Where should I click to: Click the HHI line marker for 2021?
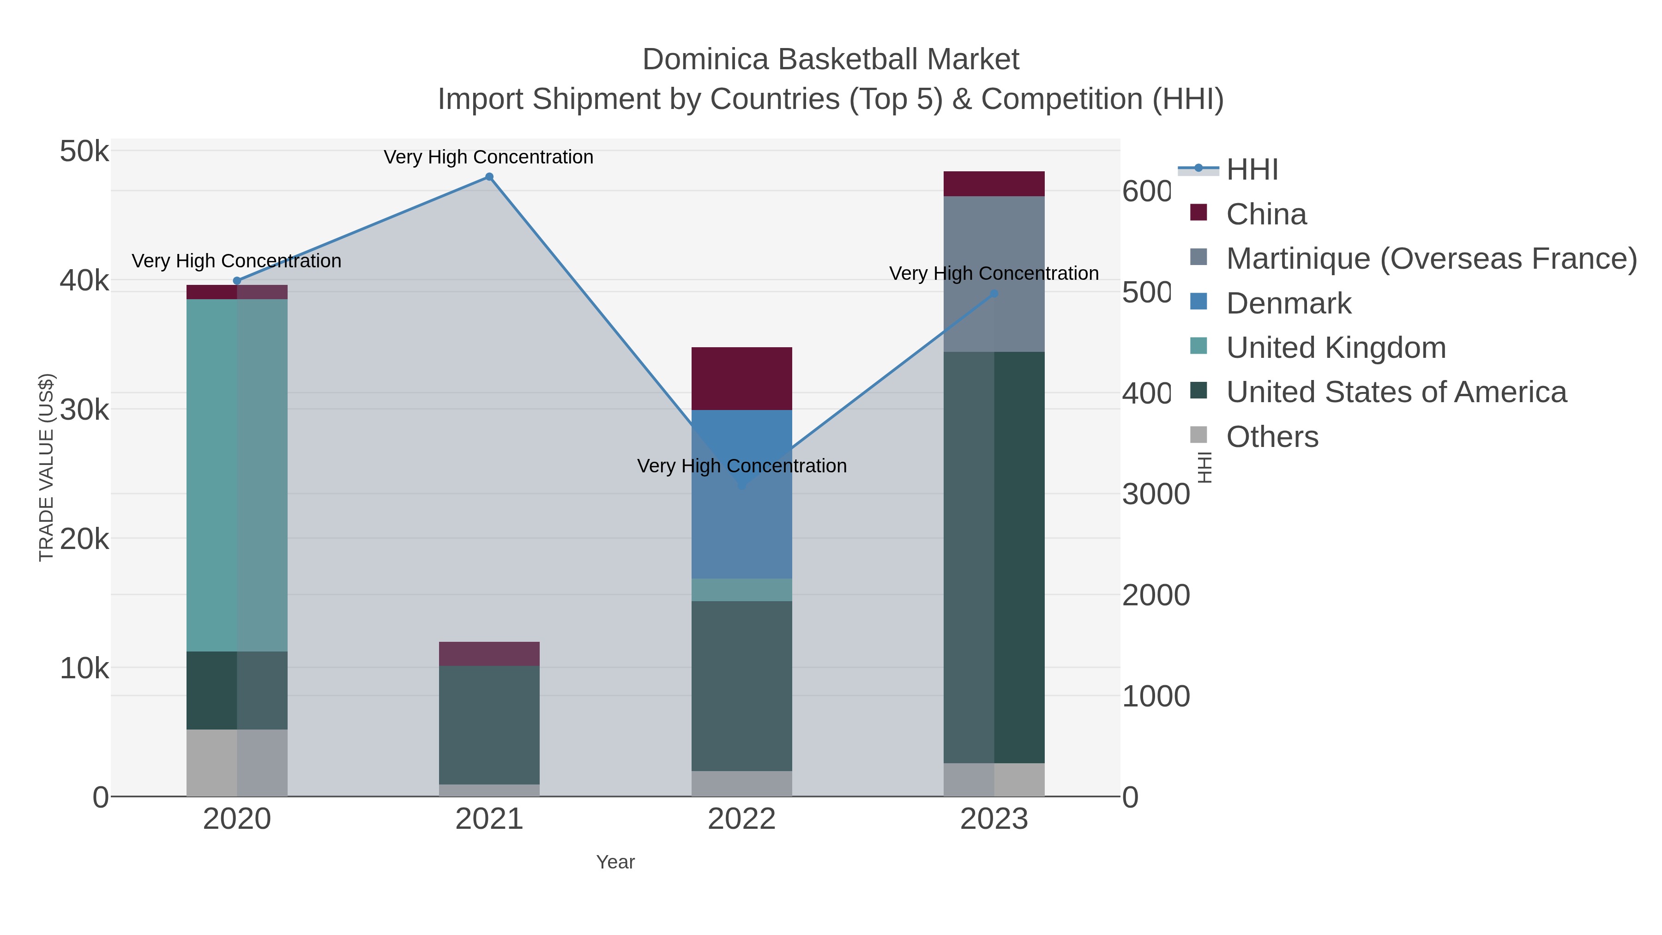(x=489, y=177)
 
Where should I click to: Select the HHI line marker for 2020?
(x=237, y=281)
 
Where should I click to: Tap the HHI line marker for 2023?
(x=994, y=294)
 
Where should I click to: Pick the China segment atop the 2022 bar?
(x=742, y=379)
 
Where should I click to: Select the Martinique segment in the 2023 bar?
(x=994, y=274)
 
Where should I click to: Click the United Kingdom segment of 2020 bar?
(x=237, y=475)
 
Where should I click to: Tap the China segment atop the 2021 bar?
(x=489, y=654)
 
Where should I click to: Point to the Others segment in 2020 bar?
(x=237, y=763)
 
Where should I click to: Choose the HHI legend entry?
(x=1252, y=170)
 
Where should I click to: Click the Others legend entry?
(x=1272, y=437)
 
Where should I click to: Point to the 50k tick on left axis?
(x=84, y=152)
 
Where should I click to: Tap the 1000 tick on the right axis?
(x=1156, y=697)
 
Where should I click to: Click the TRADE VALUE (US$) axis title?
(x=47, y=467)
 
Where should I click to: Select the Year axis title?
(x=615, y=862)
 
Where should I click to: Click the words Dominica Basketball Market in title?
(x=831, y=60)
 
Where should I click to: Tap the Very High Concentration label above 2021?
(x=488, y=157)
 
